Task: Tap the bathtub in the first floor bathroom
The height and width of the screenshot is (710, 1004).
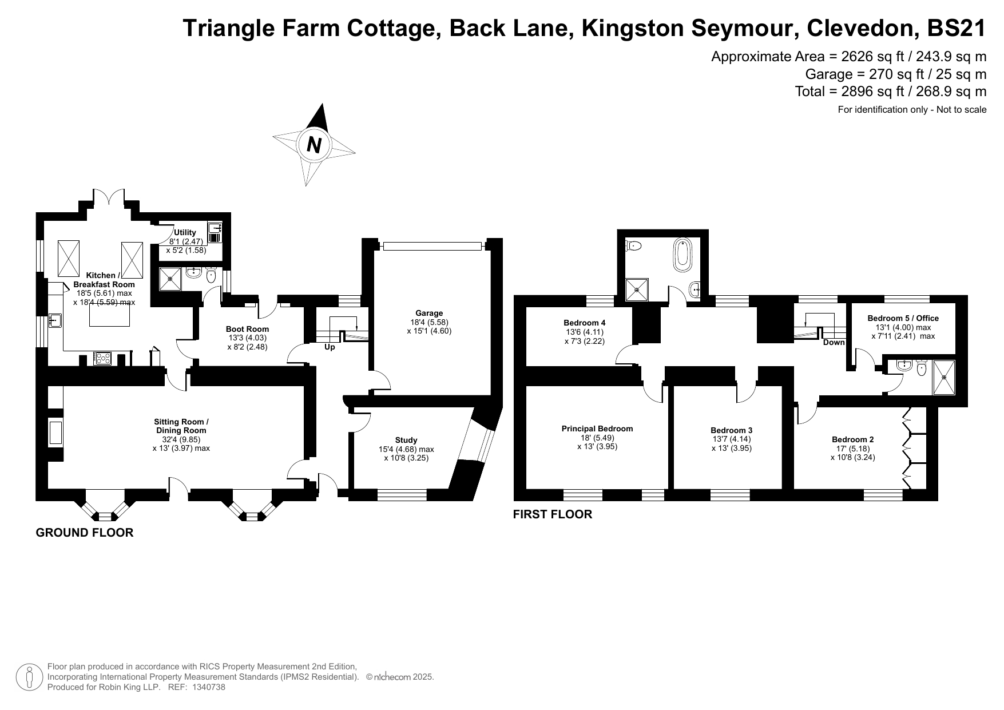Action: point(683,255)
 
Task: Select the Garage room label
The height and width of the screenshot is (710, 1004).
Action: point(429,313)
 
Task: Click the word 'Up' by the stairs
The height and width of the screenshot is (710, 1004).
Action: point(330,347)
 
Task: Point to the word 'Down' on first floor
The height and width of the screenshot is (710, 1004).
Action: point(834,343)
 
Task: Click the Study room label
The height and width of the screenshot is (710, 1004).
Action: point(406,441)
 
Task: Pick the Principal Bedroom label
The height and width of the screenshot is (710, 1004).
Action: point(597,429)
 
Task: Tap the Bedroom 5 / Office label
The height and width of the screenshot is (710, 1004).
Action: point(903,318)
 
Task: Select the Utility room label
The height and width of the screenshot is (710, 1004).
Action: point(185,232)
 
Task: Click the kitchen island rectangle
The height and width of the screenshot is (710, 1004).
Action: point(109,314)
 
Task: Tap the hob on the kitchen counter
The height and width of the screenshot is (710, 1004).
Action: point(103,359)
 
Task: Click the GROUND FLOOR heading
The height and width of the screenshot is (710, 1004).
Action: point(85,533)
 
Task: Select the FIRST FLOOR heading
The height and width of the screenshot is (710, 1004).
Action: point(553,514)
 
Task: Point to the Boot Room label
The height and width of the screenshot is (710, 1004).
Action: point(247,329)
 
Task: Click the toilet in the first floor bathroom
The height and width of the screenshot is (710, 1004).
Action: point(634,246)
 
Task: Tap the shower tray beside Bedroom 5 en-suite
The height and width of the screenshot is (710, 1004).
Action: point(944,377)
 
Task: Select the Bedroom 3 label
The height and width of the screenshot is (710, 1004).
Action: point(731,430)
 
